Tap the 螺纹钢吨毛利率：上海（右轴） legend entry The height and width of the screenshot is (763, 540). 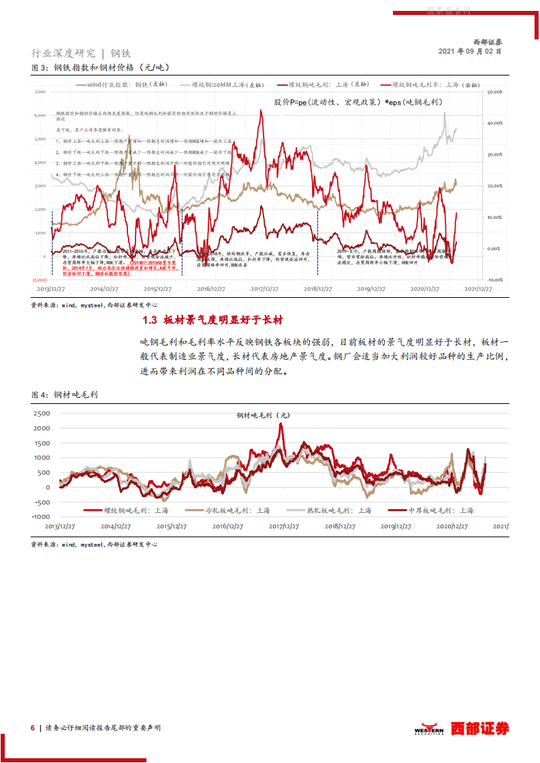(x=429, y=84)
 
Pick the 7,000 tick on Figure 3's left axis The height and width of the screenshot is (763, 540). (x=39, y=91)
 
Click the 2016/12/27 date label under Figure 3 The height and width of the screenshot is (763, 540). (x=212, y=289)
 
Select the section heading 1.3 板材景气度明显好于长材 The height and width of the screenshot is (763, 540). (x=212, y=320)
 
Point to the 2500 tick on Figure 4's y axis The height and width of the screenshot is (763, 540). (x=42, y=413)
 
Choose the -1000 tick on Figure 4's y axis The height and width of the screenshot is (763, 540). (x=40, y=517)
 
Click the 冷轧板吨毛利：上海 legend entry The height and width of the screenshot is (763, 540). (x=228, y=510)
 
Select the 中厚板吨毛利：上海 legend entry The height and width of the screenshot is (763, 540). (x=439, y=510)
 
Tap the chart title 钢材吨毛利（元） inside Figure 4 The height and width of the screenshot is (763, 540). (x=264, y=415)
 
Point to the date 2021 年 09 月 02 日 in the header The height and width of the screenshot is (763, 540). (x=470, y=51)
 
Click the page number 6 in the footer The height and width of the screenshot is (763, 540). (x=32, y=728)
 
